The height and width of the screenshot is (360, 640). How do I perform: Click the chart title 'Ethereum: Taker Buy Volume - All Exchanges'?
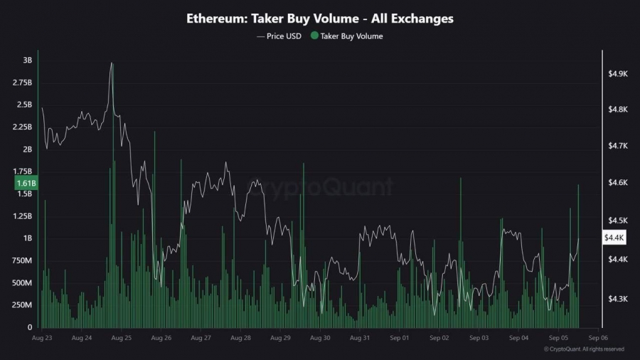coord(319,18)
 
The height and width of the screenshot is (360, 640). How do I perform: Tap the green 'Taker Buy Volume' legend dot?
coord(315,36)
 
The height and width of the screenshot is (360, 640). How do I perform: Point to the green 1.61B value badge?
coord(26,184)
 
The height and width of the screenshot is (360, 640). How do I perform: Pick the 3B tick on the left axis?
coord(27,60)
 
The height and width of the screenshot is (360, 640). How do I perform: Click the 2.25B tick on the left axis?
coord(22,127)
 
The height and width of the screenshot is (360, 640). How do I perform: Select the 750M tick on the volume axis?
coord(22,260)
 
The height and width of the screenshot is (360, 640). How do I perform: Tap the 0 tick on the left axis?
coord(30,327)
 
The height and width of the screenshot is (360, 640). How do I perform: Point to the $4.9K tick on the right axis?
coord(617,73)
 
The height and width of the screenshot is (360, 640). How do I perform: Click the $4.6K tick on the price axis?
coord(617,183)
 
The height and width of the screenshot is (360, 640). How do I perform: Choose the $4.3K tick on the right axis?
coord(617,299)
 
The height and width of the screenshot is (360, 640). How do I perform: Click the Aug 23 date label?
coord(42,338)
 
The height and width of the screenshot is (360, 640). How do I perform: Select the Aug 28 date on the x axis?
coord(241,338)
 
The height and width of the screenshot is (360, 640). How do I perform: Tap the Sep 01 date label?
coord(400,338)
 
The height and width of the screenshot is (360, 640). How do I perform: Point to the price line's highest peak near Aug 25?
coord(112,63)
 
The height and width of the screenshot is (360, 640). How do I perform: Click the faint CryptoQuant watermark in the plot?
coord(319,187)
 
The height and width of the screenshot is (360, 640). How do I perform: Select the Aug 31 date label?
coord(361,338)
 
